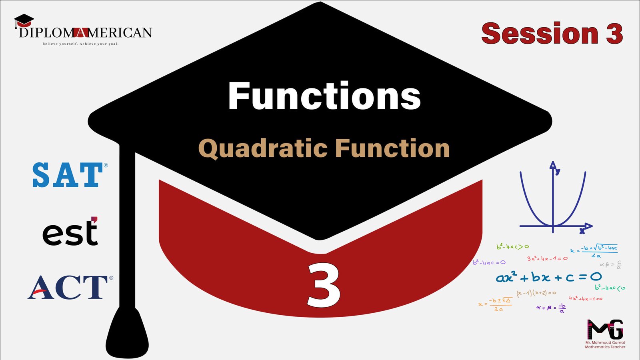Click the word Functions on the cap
(324, 96)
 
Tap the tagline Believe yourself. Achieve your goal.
(80, 44)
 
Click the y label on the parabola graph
(558, 171)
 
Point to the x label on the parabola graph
(582, 231)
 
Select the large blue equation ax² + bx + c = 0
(548, 277)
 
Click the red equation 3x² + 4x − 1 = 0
(547, 258)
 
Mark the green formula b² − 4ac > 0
(512, 246)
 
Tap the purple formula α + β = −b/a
(551, 308)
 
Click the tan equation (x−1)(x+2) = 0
(536, 293)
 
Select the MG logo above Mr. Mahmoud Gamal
(605, 329)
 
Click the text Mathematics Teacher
(605, 347)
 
